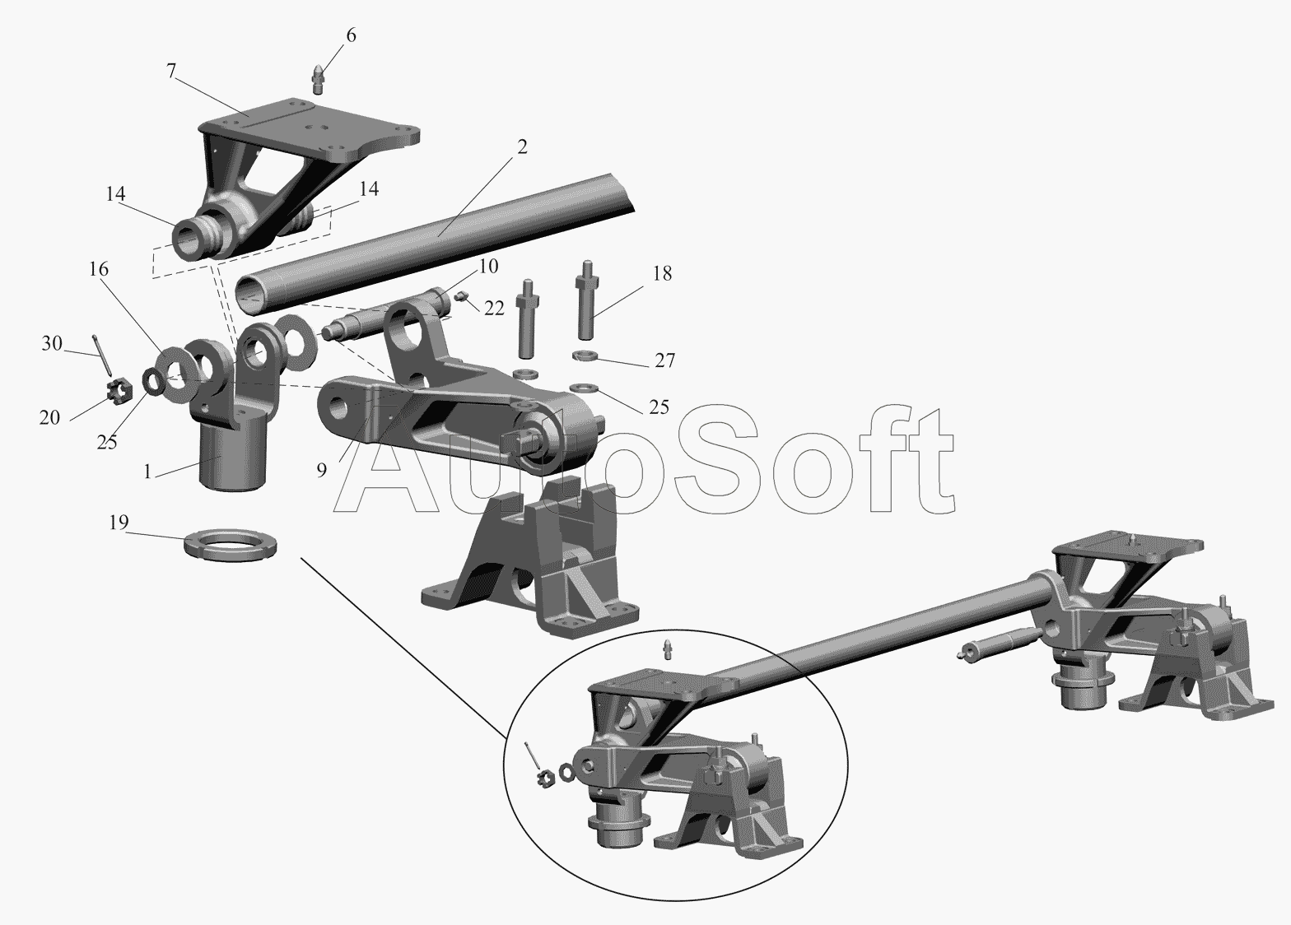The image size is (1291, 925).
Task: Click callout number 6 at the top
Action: point(351,35)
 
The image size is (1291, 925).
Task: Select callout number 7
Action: point(170,71)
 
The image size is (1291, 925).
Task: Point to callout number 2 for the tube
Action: point(522,146)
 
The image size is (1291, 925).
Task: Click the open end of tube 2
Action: point(252,295)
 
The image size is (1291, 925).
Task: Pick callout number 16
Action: point(99,269)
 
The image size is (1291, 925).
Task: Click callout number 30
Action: point(51,343)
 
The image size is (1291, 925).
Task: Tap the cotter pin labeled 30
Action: point(101,355)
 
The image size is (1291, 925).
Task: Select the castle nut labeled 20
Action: point(120,388)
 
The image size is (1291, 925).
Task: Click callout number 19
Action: point(119,523)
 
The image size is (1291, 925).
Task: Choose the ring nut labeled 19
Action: point(230,547)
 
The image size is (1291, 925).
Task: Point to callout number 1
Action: point(147,472)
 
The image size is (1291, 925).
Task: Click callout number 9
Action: point(322,470)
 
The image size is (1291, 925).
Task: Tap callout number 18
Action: point(662,273)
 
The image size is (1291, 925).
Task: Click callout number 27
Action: point(664,360)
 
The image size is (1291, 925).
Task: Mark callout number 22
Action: point(494,308)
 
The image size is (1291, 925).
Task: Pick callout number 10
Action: point(488,266)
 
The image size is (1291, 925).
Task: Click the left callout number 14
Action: point(115,194)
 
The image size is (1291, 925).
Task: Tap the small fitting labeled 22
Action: point(460,297)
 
